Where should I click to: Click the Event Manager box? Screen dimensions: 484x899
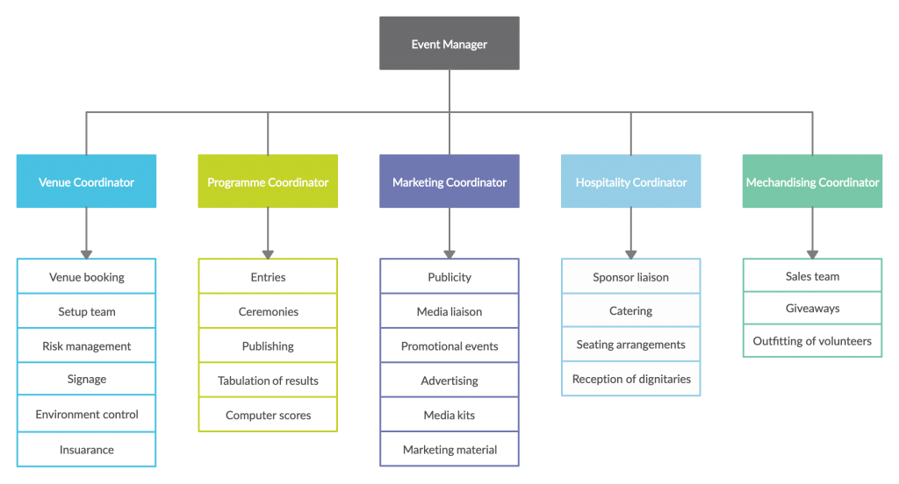[x=449, y=44]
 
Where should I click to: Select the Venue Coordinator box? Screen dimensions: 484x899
[x=86, y=182]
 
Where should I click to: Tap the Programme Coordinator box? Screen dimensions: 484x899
[x=268, y=182]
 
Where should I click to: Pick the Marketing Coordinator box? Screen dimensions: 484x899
[x=449, y=182]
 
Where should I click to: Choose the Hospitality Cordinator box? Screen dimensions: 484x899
[x=631, y=182]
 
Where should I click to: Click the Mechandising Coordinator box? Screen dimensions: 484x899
[x=812, y=182]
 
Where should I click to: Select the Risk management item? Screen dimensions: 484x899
[x=86, y=346]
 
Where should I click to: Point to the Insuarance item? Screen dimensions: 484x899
[x=86, y=450]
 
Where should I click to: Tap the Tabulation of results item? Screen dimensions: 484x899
[x=268, y=381]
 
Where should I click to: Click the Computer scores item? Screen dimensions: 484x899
[x=268, y=416]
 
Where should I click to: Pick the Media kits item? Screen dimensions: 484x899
[x=449, y=415]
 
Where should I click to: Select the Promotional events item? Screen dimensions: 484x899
[x=449, y=346]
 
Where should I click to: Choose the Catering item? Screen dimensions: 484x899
[x=630, y=311]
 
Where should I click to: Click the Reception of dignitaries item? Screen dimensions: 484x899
[x=631, y=380]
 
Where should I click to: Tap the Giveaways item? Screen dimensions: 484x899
[x=812, y=309]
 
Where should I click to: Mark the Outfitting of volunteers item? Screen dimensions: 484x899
[x=812, y=341]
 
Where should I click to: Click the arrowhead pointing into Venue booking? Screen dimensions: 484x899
[x=86, y=253]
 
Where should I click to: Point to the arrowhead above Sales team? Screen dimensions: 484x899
[x=812, y=253]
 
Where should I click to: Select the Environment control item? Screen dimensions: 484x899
[x=86, y=415]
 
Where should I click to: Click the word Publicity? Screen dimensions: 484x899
[x=449, y=277]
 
